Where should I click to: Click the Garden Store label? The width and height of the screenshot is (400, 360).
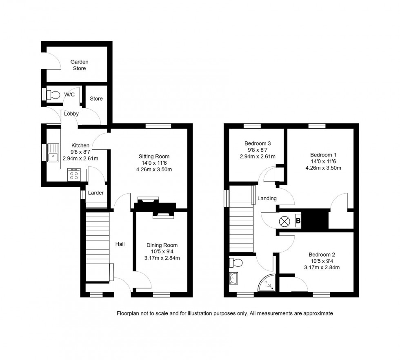coord(80,65)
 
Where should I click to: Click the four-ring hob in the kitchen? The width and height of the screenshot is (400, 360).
coord(75,175)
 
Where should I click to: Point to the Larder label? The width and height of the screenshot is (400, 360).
coord(96,193)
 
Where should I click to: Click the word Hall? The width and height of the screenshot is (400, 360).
coord(120,244)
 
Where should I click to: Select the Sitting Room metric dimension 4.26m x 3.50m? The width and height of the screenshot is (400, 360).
coord(154,169)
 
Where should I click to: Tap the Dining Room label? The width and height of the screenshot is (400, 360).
coord(162,245)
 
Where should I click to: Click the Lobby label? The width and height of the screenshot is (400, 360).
coord(71,114)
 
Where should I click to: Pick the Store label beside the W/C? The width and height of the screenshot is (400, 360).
coord(96,98)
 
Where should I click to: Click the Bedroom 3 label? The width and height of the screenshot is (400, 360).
coord(258,143)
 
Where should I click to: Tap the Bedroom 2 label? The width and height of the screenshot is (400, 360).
coord(322,254)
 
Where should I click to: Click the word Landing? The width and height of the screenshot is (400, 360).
coord(267,198)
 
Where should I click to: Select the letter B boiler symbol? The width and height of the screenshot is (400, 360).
coord(298,221)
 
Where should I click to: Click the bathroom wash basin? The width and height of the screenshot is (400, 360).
coord(234,279)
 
